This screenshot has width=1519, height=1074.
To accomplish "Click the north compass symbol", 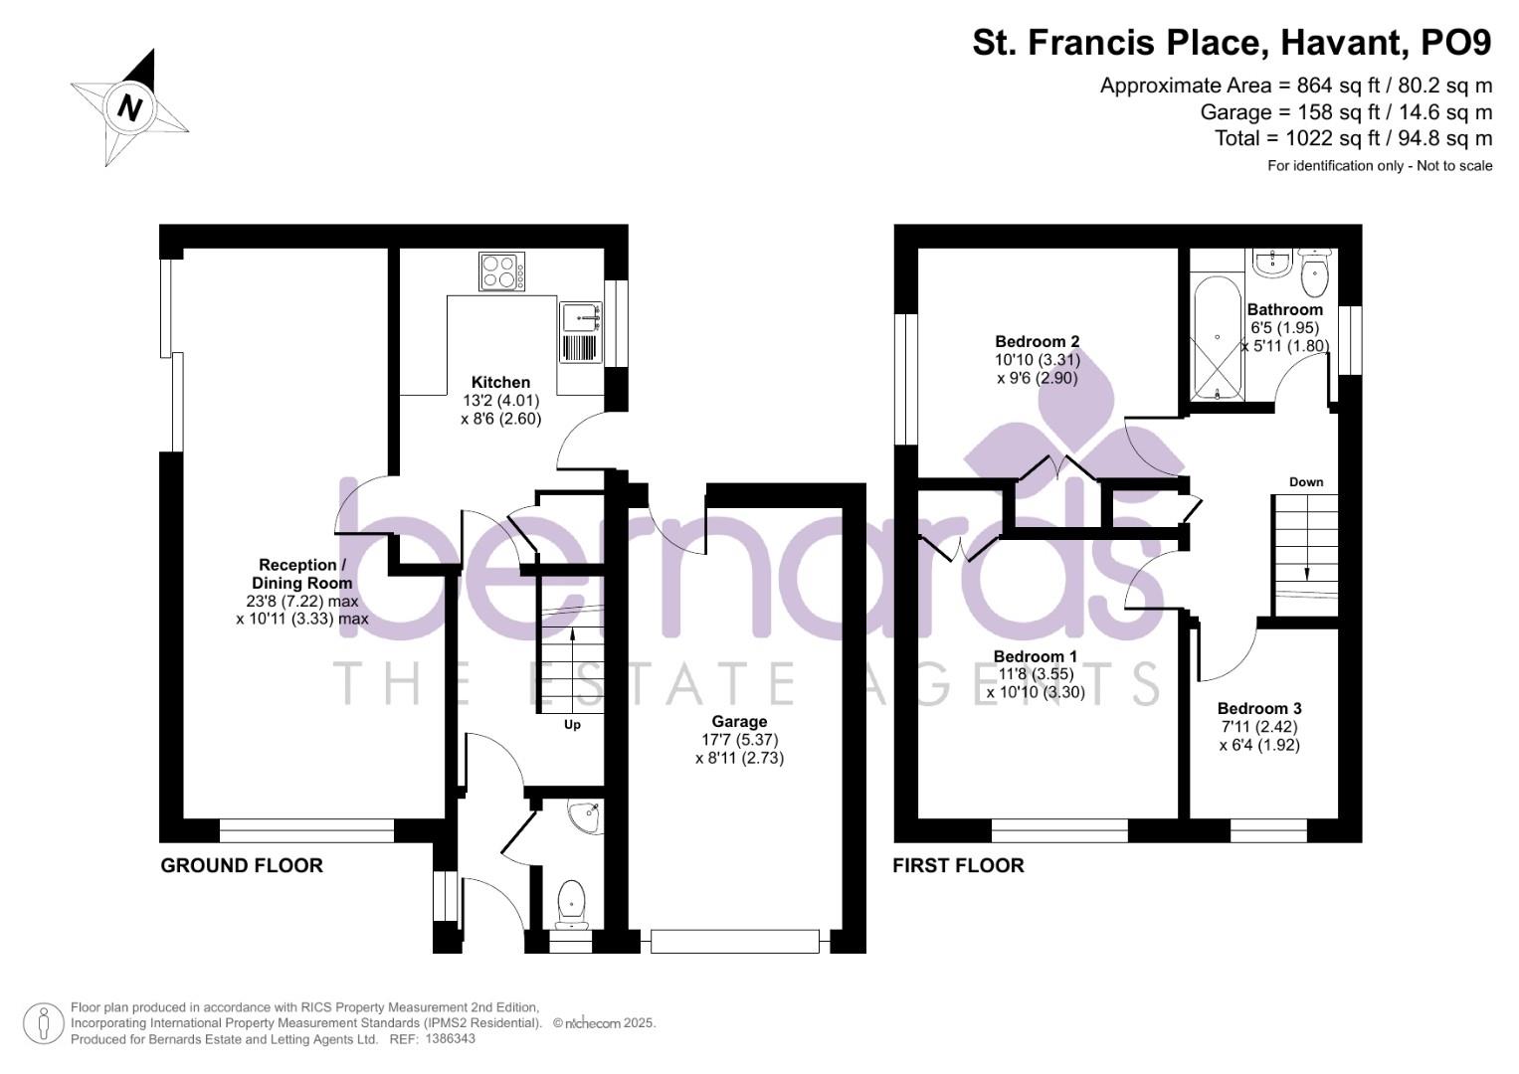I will click(129, 107).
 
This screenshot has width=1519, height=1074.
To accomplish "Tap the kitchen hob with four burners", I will click(502, 271).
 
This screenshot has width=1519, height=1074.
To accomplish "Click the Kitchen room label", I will click(500, 382).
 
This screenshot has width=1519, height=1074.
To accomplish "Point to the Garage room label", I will click(739, 722).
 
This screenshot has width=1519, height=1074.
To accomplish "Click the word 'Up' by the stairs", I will click(572, 725).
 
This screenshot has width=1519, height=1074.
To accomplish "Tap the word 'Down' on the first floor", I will click(1306, 482).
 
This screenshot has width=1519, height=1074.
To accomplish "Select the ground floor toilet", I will click(572, 903).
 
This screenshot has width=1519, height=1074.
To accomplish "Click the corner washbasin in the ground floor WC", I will click(584, 816).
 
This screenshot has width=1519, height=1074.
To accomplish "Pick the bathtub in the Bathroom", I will click(1216, 338).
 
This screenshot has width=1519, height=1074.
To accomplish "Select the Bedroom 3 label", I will click(1259, 708).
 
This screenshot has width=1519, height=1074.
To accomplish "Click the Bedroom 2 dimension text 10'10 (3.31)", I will click(1038, 360).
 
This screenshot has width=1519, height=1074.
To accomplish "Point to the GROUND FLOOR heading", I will click(242, 866).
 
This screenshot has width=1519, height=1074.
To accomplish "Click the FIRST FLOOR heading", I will click(958, 866).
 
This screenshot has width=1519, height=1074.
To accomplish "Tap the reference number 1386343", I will click(450, 1039).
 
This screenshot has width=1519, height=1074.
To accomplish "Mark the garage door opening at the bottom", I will click(735, 942).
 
